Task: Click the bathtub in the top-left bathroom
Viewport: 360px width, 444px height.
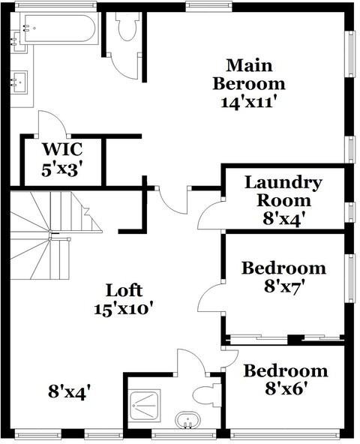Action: click(x=59, y=30)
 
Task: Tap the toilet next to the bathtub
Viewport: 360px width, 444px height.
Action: click(x=124, y=28)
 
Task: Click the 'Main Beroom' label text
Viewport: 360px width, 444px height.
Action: click(x=249, y=73)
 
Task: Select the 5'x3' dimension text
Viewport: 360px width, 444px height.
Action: click(x=61, y=169)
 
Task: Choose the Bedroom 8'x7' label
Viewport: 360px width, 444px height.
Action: click(x=283, y=268)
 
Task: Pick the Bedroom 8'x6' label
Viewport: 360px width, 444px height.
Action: click(x=286, y=370)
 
